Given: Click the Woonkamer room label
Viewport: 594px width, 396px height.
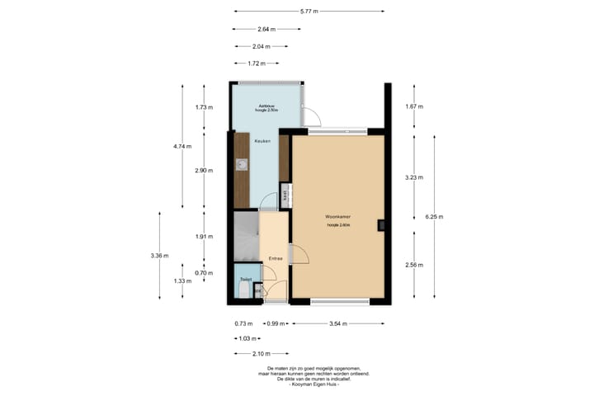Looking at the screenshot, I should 337,217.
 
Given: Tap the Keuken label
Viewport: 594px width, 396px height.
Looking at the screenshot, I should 262,141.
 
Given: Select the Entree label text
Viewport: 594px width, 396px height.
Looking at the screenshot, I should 276,258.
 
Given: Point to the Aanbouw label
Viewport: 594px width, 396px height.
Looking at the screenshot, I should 266,106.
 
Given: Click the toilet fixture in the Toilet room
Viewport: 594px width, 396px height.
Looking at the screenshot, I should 244,289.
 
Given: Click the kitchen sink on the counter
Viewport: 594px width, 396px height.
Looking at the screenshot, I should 241,164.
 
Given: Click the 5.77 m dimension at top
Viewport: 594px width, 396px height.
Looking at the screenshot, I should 309,12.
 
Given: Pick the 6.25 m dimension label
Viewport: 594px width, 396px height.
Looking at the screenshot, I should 434,217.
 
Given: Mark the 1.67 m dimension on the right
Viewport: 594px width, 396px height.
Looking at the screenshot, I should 415,107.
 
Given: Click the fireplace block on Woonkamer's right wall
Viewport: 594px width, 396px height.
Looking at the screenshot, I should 380,224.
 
